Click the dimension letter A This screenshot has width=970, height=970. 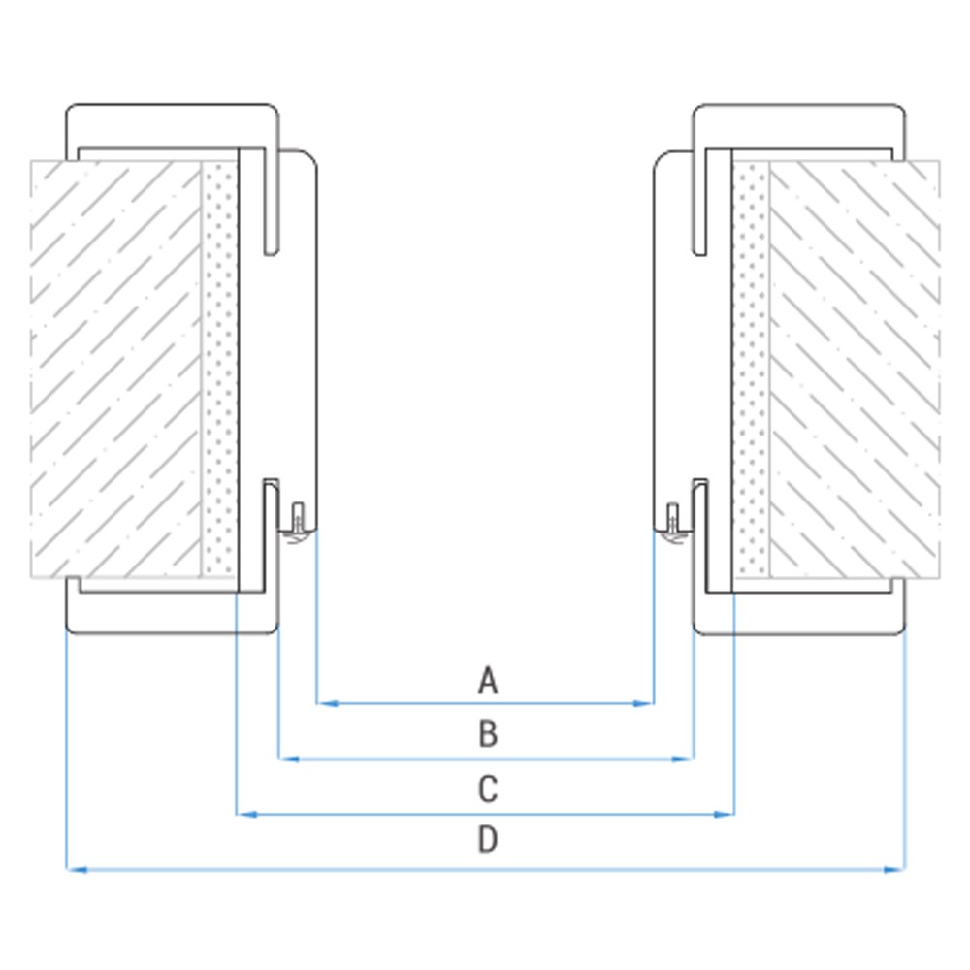[x=488, y=680]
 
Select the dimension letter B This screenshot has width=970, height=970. [x=488, y=734]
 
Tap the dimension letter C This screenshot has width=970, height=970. [x=488, y=790]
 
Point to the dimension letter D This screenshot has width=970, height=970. [x=488, y=840]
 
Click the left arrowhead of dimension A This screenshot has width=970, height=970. [x=327, y=703]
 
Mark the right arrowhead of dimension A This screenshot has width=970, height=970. [x=644, y=703]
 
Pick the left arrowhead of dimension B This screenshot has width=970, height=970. [x=289, y=759]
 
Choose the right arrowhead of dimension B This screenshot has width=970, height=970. [x=683, y=759]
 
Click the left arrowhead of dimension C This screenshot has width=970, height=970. [x=247, y=815]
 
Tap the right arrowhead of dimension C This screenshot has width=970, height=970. [x=724, y=815]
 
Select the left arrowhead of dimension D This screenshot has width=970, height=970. [x=78, y=870]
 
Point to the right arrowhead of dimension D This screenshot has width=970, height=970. [x=894, y=870]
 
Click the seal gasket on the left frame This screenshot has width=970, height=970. [x=298, y=523]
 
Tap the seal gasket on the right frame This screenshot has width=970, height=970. [x=673, y=524]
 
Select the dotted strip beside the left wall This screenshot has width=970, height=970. [x=220, y=370]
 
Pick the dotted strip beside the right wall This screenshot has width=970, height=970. [x=751, y=370]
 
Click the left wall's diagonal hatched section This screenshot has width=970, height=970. [x=116, y=370]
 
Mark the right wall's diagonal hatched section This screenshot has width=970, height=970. [x=855, y=370]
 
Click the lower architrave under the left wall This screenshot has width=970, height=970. [x=172, y=605]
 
